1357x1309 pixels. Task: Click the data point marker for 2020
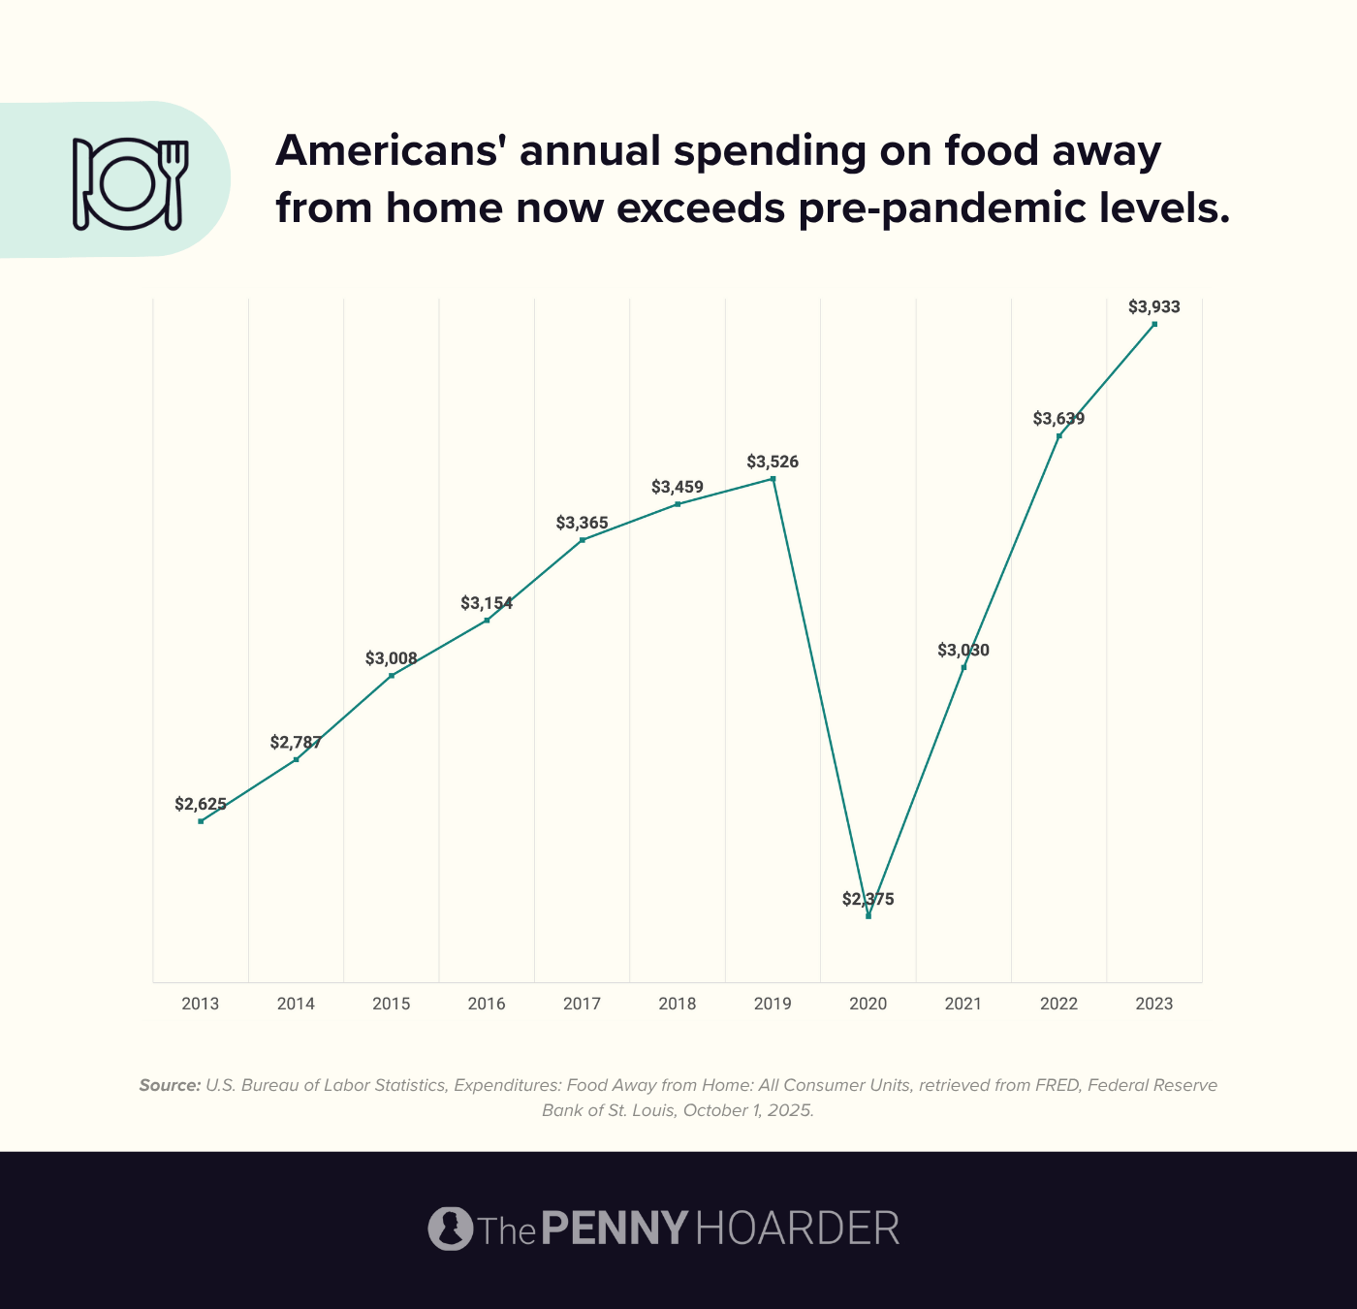click(x=868, y=916)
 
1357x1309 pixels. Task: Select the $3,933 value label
click(x=1153, y=307)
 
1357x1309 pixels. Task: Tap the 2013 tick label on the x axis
click(x=201, y=1004)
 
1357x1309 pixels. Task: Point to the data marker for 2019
click(x=773, y=479)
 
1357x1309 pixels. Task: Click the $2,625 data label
click(x=201, y=804)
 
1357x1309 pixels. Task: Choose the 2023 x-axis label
click(x=1153, y=1004)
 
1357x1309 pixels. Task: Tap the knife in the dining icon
click(x=81, y=184)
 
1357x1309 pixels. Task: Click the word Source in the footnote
click(x=170, y=1085)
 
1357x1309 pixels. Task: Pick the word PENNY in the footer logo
click(x=615, y=1229)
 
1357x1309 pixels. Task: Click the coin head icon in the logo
click(x=450, y=1229)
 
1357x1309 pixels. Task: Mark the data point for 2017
click(x=582, y=540)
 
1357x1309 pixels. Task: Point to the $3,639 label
click(x=1058, y=419)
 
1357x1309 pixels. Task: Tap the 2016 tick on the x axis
click(x=487, y=1004)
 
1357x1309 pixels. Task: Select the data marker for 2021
click(x=963, y=667)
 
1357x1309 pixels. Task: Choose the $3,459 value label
click(x=678, y=487)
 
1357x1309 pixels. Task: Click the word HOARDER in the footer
click(x=797, y=1229)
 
